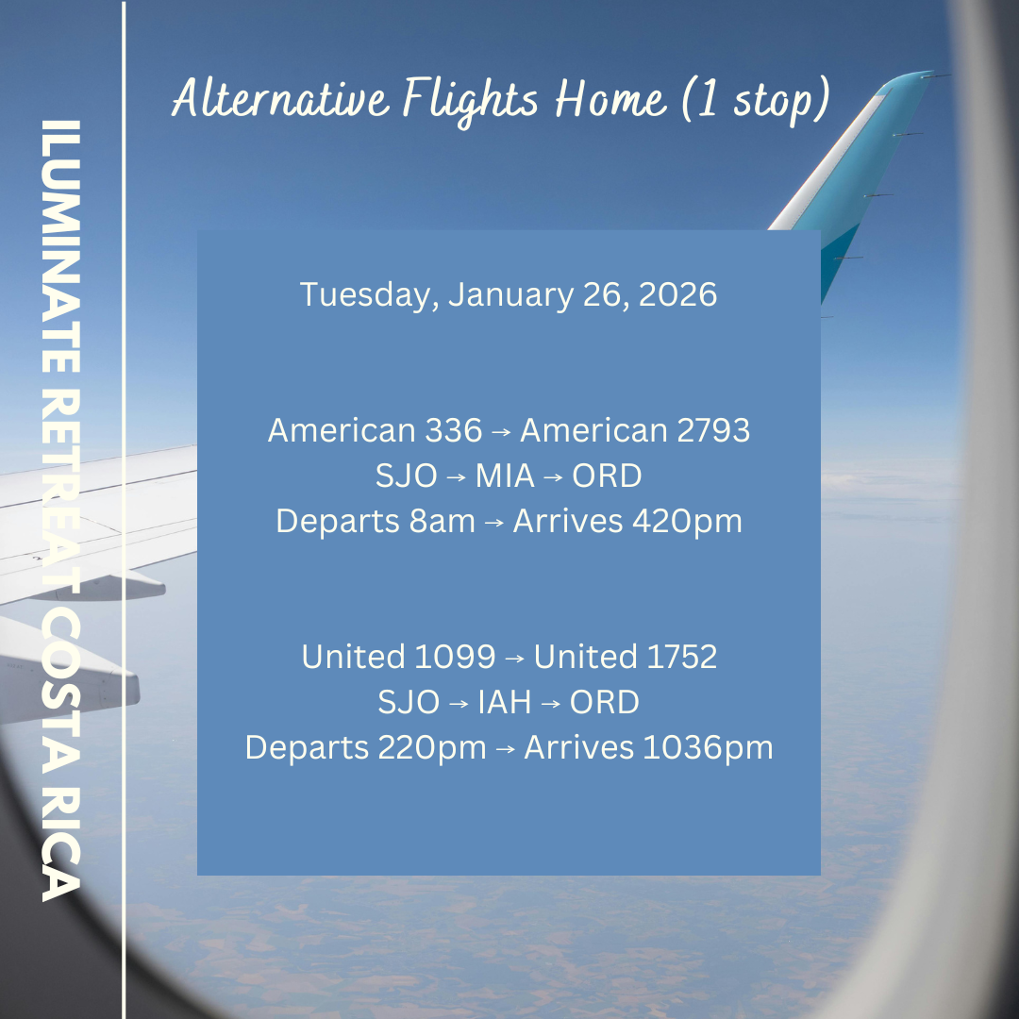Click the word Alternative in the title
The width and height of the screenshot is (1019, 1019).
point(281,99)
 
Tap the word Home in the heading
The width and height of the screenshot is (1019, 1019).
point(610,99)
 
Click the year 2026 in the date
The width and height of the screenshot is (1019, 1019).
point(677,293)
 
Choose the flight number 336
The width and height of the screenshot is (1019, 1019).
point(454,430)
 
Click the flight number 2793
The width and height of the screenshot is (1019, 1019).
point(713,430)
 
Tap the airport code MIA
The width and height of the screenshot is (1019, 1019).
point(505,476)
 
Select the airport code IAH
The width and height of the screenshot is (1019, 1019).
point(504,702)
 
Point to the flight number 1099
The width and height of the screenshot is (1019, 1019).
point(454,657)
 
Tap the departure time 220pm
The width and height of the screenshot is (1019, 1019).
point(432,748)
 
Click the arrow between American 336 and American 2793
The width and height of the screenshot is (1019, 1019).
point(501,432)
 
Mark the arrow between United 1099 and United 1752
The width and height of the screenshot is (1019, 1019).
point(515,659)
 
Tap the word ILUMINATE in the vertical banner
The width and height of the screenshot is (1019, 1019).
point(61,246)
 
